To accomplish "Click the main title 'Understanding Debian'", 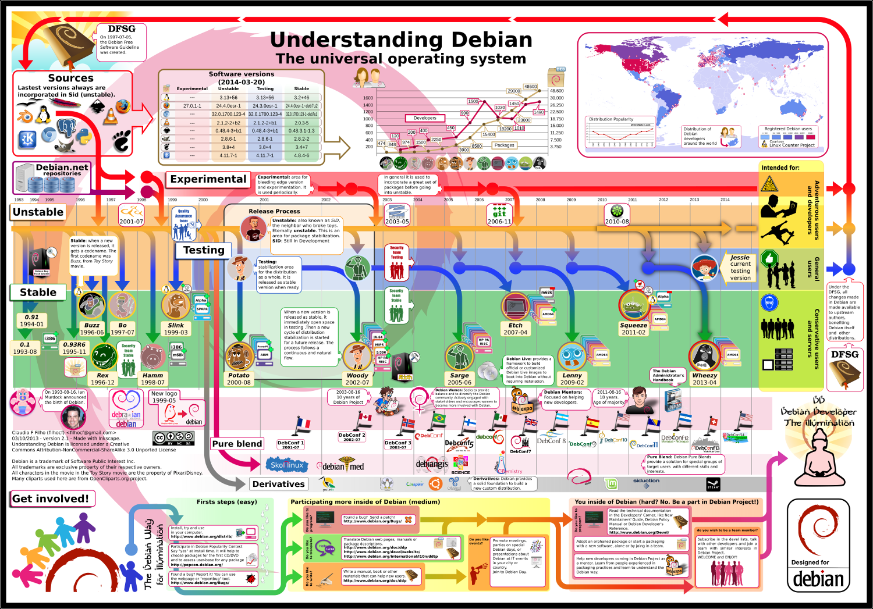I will tap(401, 40).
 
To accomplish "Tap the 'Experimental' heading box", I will tap(208, 179).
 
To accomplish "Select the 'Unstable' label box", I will tap(38, 212).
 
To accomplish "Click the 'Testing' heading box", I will tap(204, 250).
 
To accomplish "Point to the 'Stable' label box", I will tap(38, 293).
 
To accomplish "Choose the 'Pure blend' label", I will tap(237, 444).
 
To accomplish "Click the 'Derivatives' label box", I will tap(279, 484).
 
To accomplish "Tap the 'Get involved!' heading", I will tap(51, 498).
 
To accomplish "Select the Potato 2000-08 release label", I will tap(239, 379).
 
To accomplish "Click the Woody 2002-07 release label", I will tap(357, 379).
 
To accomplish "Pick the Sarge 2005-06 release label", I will tap(459, 379).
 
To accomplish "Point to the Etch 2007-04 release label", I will tap(516, 329).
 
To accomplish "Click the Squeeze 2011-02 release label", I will tap(633, 329).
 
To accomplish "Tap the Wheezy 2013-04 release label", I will tap(704, 379).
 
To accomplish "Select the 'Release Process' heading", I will tap(274, 211).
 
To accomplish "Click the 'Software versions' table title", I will tap(241, 78).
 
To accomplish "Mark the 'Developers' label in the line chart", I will tap(425, 118).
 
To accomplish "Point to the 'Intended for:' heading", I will tap(780, 168).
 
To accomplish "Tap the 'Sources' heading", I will tap(70, 78).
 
